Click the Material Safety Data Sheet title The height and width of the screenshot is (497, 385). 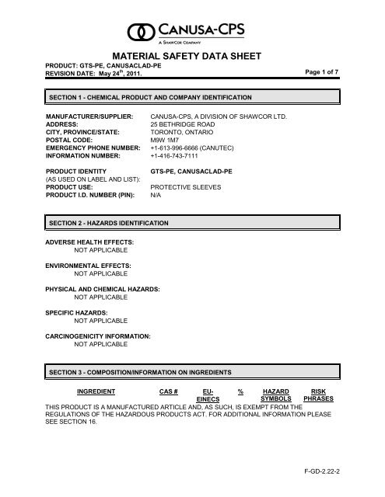[193, 57]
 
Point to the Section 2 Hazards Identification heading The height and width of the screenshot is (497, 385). [109, 223]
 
